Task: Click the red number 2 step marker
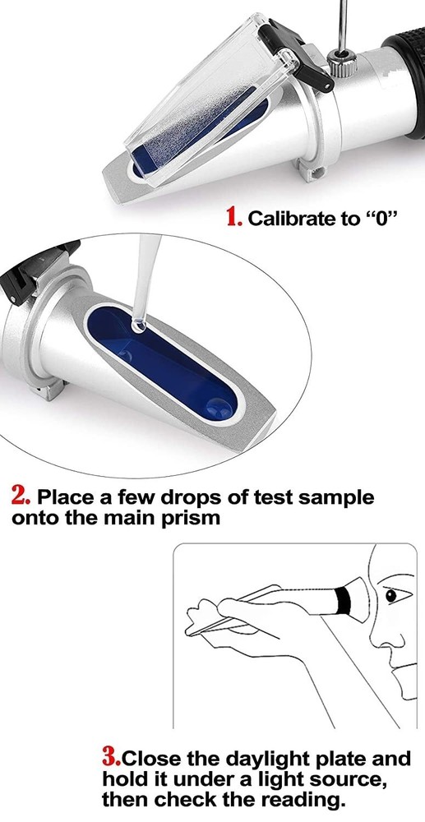point(21,496)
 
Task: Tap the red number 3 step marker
point(112,757)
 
